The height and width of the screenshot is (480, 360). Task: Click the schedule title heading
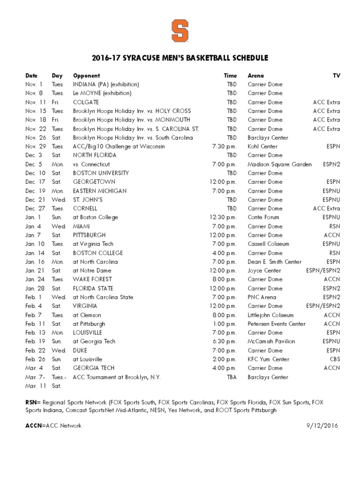[x=180, y=58]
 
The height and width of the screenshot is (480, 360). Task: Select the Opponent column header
[x=86, y=75]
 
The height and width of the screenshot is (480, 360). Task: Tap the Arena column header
[x=255, y=75]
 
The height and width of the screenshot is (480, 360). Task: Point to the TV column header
[x=336, y=75]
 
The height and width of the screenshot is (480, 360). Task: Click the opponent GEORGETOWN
[x=94, y=182]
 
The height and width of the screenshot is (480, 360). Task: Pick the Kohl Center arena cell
[x=262, y=146]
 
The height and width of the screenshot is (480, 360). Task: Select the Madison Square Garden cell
[x=279, y=164]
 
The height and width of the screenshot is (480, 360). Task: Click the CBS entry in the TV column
[x=334, y=360]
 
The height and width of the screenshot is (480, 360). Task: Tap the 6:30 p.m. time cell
[x=224, y=342]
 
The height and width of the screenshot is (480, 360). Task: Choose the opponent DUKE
[x=80, y=351]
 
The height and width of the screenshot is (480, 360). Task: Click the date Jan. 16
[x=34, y=262]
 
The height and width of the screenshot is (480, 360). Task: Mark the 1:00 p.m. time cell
[x=224, y=324]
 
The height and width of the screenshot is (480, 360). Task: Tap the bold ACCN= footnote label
[x=35, y=426]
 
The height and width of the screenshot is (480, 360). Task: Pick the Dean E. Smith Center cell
[x=275, y=262]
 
